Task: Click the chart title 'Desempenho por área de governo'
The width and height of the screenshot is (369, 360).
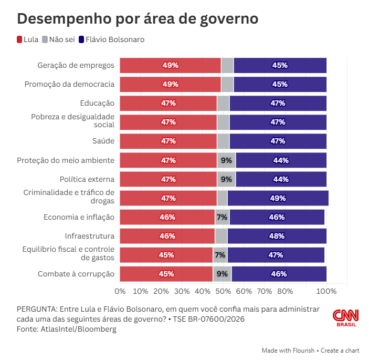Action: (x=138, y=19)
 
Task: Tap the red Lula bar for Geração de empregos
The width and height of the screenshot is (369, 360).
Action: (x=170, y=66)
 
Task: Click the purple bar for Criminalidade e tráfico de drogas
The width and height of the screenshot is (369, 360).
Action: (x=278, y=198)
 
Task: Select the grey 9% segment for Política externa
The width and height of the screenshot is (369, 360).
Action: (x=226, y=179)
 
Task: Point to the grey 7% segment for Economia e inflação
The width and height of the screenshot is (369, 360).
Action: (x=222, y=217)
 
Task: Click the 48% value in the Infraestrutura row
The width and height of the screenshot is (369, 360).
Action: (x=277, y=236)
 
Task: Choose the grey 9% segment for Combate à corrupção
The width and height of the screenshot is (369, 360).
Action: (x=222, y=274)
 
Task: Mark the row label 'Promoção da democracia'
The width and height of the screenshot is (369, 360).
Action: (x=69, y=84)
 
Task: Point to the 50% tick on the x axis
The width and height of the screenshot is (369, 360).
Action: (x=223, y=291)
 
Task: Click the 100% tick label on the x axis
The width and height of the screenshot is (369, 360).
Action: (x=326, y=291)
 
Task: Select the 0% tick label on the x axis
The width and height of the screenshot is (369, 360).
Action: (x=120, y=291)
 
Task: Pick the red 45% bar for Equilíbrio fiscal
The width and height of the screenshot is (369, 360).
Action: (x=166, y=255)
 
